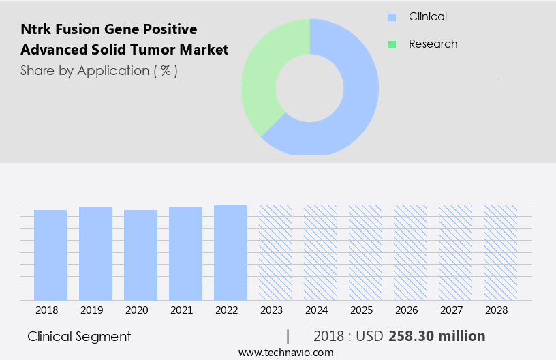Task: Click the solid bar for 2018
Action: coord(50,255)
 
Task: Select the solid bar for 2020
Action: coord(140,255)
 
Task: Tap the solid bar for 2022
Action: coord(230,252)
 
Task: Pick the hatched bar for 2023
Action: coord(275,252)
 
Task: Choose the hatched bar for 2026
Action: coord(410,252)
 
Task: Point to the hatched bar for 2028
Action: coord(500,252)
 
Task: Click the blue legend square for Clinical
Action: coord(392,17)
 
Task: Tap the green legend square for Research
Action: coord(392,44)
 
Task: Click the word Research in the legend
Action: coord(433,44)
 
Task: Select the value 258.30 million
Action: coord(437,336)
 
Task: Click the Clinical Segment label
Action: coord(79,336)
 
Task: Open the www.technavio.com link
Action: coord(285,352)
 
